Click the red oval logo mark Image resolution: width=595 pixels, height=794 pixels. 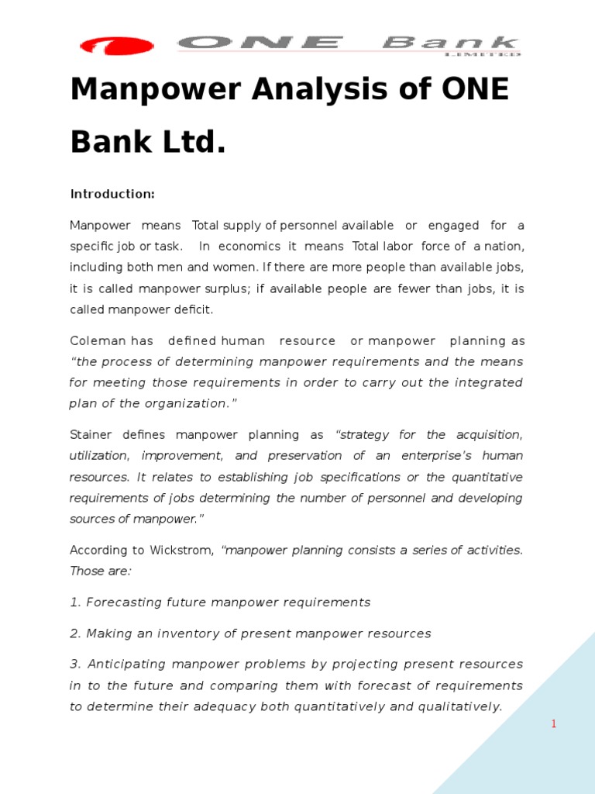(116, 46)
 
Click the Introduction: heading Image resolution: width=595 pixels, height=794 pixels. (112, 193)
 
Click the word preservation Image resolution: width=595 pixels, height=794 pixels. (309, 456)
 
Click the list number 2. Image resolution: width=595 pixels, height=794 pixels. (74, 633)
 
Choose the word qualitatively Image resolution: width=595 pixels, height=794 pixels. (459, 706)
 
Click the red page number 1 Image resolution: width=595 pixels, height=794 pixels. (554, 724)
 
